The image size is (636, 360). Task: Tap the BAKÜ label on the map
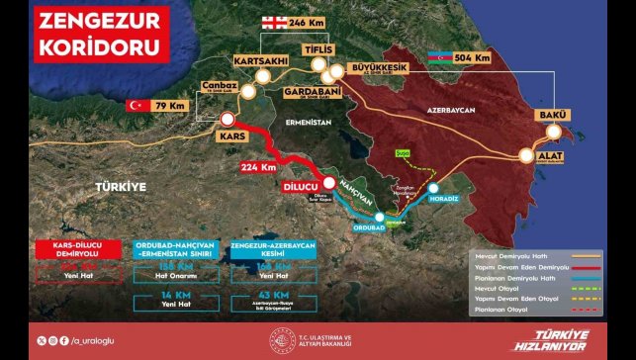click(x=551, y=117)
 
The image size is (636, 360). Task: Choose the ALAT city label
click(x=551, y=156)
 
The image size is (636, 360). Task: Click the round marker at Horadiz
click(x=433, y=185)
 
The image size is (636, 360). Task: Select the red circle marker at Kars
click(x=227, y=120)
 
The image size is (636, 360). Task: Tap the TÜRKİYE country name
click(x=120, y=186)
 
